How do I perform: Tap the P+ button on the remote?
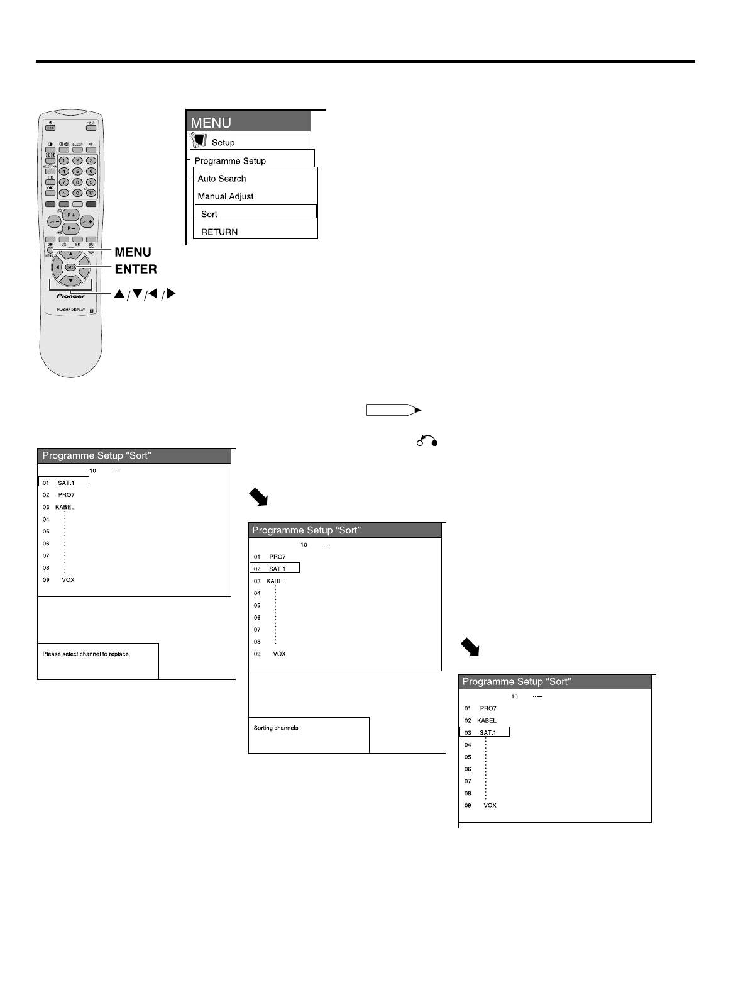click(x=70, y=215)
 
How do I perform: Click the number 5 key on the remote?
click(x=77, y=171)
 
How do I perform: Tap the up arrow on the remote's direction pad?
click(x=70, y=254)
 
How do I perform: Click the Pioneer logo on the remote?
click(x=70, y=295)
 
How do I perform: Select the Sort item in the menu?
click(x=255, y=213)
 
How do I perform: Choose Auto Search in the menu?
click(x=222, y=179)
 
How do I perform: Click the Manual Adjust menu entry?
click(x=226, y=196)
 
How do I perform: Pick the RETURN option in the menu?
click(x=219, y=232)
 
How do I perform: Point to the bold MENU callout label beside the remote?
click(x=133, y=252)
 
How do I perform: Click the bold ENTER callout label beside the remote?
click(x=136, y=269)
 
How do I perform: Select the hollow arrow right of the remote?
click(x=394, y=410)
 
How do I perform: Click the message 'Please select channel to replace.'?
click(x=87, y=654)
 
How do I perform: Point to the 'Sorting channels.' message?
click(x=277, y=728)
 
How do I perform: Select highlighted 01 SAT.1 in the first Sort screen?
click(x=63, y=483)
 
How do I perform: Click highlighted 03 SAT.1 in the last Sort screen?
click(x=485, y=732)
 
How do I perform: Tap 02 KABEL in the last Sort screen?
click(x=481, y=720)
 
